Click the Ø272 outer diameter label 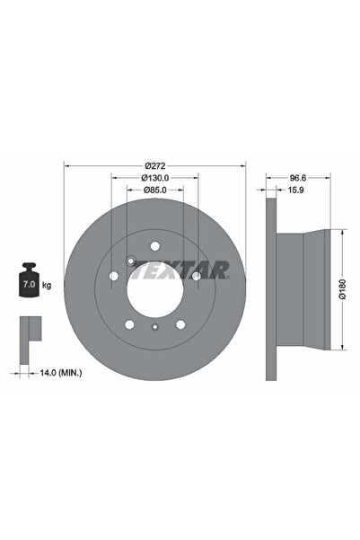click(x=155, y=166)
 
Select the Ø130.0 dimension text click(x=155, y=178)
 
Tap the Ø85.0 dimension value click(x=155, y=190)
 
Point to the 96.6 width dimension click(x=298, y=178)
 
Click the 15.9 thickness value click(x=295, y=190)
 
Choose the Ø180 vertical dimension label click(x=342, y=289)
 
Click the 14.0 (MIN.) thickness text click(x=61, y=373)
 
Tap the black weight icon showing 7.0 click(x=29, y=279)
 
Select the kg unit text click(x=47, y=285)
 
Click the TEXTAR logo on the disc click(x=181, y=270)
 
